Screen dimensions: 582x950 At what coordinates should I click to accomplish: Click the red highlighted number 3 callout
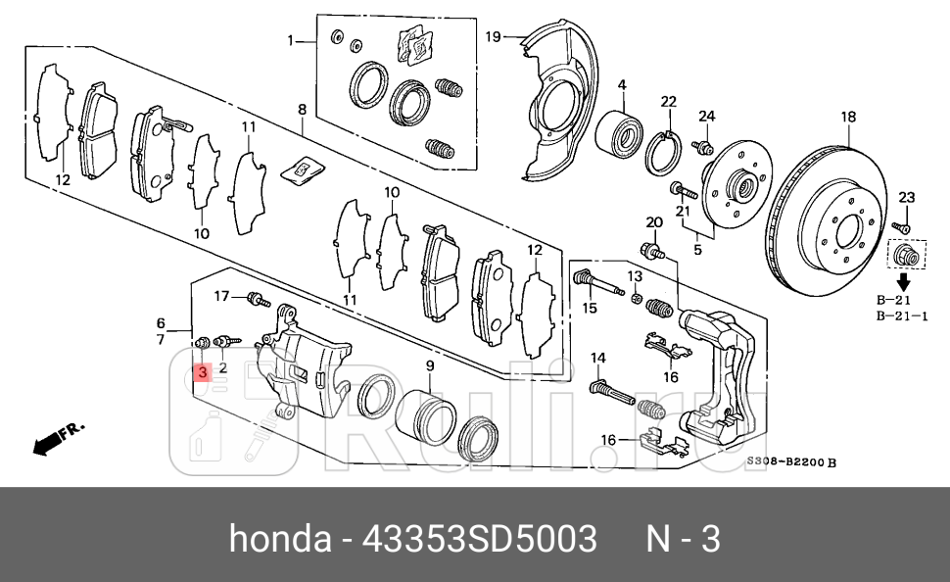point(202,372)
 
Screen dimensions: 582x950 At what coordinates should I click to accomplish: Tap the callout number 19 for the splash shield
point(494,36)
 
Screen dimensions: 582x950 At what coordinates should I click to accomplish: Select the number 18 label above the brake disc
point(848,117)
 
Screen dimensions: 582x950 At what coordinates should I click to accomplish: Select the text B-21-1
point(903,315)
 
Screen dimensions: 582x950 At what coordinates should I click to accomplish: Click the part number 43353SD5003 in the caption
point(480,539)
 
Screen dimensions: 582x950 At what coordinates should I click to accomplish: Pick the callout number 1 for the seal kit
point(291,40)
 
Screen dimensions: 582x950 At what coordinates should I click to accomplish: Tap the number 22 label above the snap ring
point(668,102)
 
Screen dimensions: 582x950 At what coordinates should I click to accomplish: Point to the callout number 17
point(221,295)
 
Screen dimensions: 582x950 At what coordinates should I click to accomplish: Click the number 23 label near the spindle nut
point(906,198)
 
